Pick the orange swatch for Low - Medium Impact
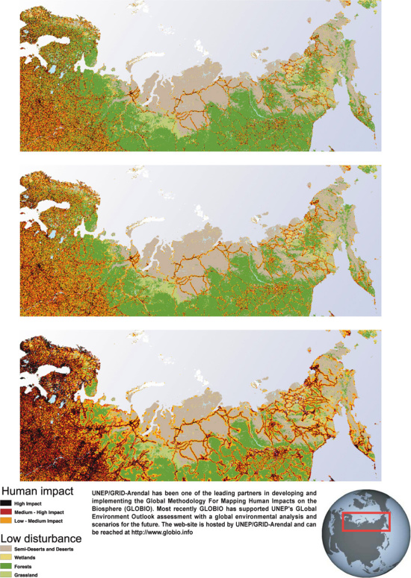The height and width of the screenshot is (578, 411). pos(7,521)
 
